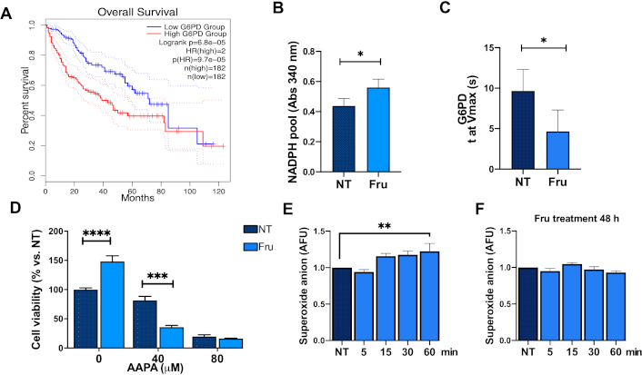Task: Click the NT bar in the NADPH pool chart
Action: point(343,137)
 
